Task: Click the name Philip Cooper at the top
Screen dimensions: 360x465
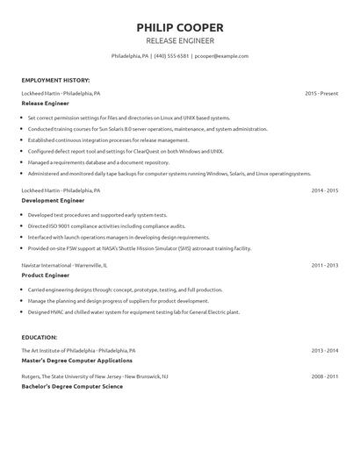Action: tap(179, 26)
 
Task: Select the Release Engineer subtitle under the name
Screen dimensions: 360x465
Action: tap(179, 40)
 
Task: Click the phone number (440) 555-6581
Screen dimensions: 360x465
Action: tap(171, 55)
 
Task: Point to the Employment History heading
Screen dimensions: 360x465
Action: tap(55, 80)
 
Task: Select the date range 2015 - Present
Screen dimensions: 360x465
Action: tap(321, 92)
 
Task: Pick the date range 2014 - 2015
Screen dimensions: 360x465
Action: tap(324, 190)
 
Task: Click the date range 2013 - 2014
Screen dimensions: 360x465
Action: tap(324, 349)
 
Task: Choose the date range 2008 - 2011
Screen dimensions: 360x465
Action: tap(324, 376)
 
